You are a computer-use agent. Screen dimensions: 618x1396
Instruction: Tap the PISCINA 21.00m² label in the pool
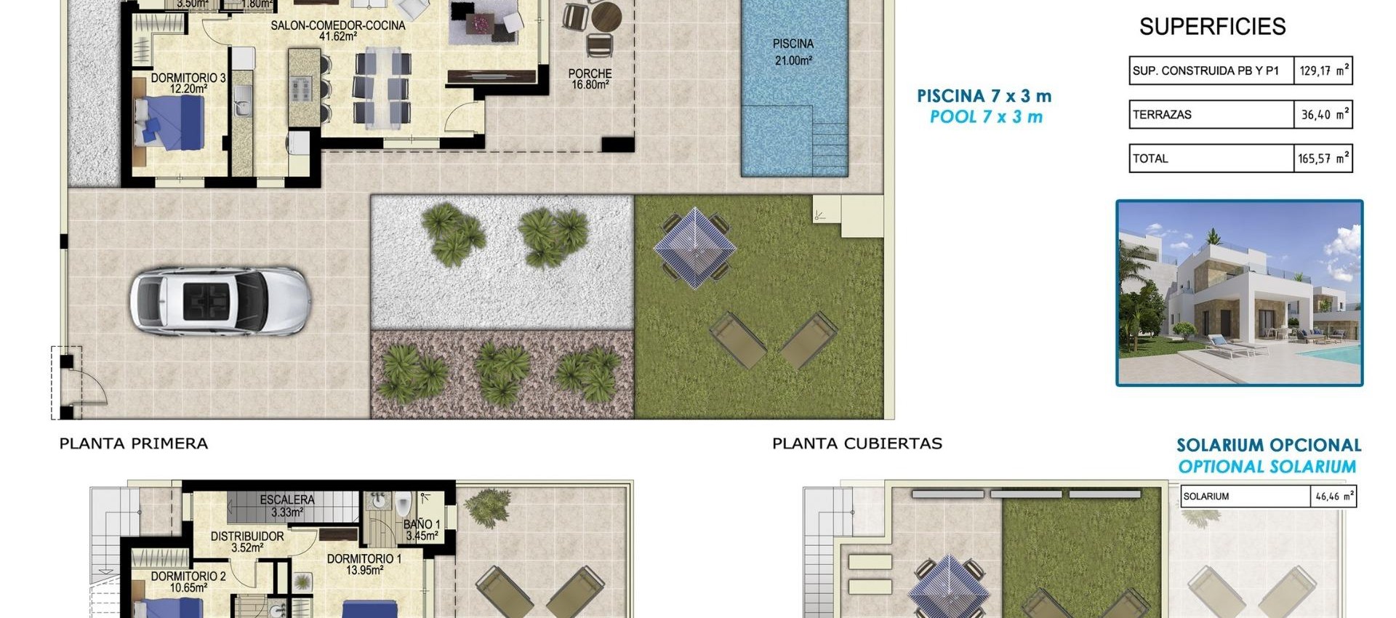793,52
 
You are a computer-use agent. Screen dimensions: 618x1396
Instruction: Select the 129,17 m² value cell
1323,71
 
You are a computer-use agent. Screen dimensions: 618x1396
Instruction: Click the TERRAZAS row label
1162,115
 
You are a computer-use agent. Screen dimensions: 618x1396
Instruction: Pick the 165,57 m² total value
1323,158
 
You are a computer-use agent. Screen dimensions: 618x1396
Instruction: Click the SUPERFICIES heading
1212,27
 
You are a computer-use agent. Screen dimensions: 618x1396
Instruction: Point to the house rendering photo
1239,293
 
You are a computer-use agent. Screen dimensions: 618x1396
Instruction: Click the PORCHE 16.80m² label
590,79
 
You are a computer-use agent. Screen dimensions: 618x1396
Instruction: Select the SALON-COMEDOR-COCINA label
338,31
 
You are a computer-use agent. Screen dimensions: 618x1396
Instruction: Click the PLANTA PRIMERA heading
134,444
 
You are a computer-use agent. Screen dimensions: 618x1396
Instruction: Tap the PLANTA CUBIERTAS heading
857,444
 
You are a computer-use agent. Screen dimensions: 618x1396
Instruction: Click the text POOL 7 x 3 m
986,117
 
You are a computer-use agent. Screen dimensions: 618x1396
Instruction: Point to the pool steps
829,145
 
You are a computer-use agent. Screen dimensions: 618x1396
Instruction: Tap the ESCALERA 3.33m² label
287,505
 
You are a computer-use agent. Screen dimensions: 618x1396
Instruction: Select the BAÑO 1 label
422,530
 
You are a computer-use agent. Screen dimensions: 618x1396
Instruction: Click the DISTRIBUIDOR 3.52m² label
247,542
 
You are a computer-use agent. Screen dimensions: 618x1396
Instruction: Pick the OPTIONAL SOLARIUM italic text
1267,467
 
